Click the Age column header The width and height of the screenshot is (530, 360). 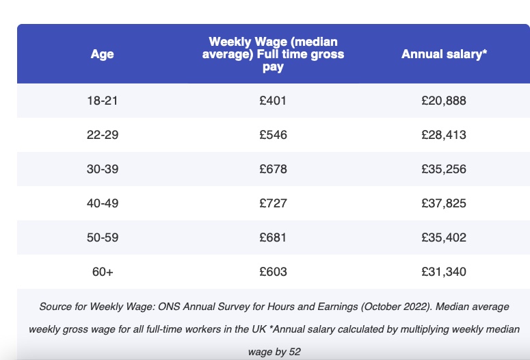(102, 54)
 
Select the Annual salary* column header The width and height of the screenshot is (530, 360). (444, 54)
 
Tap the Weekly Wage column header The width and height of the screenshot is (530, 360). (273, 54)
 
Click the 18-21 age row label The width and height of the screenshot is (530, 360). (102, 101)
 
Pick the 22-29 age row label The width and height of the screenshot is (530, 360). (102, 135)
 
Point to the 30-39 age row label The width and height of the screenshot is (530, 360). (102, 169)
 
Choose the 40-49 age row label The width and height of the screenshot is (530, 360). (102, 203)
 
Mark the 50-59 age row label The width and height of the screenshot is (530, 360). (102, 237)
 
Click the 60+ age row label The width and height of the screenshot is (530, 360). (102, 272)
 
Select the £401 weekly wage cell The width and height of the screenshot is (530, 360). (273, 101)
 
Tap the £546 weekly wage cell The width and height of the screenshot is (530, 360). (273, 135)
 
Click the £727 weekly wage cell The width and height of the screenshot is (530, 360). (273, 203)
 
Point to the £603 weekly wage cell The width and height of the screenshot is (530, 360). (273, 272)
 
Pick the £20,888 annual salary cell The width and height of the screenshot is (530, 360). (444, 101)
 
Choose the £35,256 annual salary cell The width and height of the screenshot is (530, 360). (444, 169)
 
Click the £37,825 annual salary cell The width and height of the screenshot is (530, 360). (444, 203)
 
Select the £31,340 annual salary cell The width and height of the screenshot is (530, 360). (444, 272)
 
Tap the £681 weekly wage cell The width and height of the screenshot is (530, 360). (273, 237)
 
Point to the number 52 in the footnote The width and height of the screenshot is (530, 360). (295, 352)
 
